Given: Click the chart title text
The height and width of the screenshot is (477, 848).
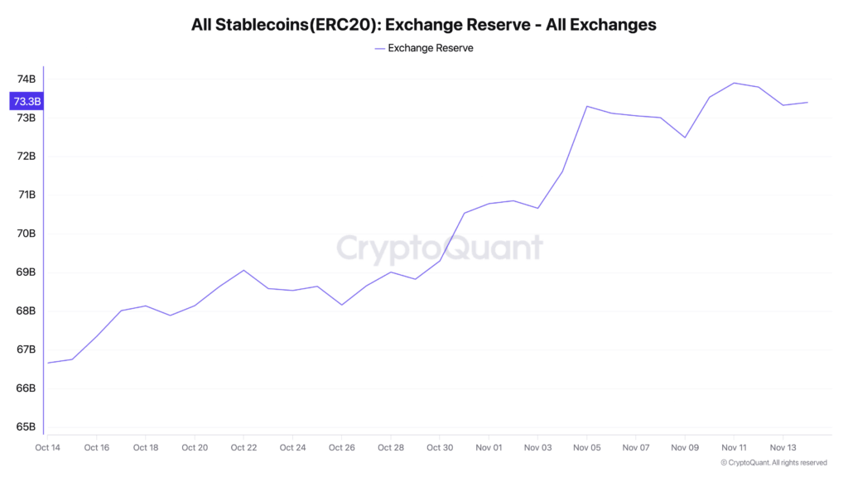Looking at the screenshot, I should (423, 25).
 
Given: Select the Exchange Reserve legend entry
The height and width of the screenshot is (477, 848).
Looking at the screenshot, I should (423, 48).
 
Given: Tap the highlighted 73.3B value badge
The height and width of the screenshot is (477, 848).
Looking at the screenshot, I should (26, 101).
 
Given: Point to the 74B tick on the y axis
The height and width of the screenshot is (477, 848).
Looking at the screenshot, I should (26, 79).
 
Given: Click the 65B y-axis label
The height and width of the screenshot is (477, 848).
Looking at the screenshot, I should (26, 427).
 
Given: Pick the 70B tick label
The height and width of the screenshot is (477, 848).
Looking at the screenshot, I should (26, 234).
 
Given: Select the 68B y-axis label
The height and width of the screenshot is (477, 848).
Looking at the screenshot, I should (26, 311).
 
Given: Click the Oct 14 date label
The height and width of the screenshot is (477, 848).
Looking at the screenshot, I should (48, 447).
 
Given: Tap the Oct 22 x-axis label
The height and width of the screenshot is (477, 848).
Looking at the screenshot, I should (243, 447).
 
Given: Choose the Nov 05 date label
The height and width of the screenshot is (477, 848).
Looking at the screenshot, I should (587, 447).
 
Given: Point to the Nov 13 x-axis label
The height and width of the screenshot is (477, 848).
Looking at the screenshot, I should (783, 447).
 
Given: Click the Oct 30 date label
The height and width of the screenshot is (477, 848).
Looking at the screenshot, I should (440, 447).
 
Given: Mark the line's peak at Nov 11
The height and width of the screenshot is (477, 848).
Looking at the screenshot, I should (734, 83).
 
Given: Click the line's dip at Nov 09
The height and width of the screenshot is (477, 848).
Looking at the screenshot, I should (685, 137).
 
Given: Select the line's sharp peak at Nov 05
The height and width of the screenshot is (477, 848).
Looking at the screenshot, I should (587, 106).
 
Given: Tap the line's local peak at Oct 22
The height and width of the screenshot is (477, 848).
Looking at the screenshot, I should (243, 270).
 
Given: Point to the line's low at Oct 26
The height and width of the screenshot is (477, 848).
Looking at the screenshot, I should (341, 305).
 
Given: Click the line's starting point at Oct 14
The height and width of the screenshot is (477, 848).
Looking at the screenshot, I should (48, 363).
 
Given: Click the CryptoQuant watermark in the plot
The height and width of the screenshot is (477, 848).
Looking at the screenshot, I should (440, 248).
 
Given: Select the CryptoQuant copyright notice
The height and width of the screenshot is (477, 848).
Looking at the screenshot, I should (773, 462).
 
